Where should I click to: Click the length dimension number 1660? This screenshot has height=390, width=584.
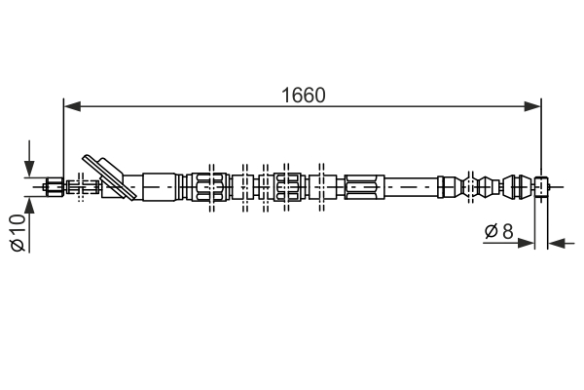[x=304, y=95]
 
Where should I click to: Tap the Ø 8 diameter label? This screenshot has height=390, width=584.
[x=499, y=231]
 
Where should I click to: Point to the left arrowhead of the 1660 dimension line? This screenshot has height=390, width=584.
[x=69, y=105]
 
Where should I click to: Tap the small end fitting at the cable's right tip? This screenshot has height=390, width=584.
[x=542, y=184]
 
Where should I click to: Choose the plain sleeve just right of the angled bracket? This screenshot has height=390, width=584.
[x=161, y=185]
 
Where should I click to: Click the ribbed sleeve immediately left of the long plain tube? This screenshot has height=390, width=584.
[x=364, y=184]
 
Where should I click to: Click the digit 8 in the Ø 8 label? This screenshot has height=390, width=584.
[x=507, y=231]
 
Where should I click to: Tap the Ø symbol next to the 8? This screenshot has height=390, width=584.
[x=491, y=231]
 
